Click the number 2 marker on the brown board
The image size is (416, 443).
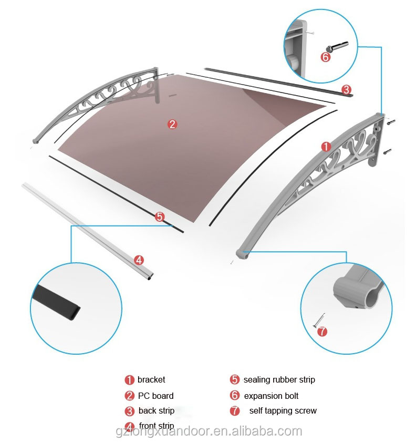[x=172, y=125]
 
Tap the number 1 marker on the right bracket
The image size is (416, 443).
[x=326, y=147]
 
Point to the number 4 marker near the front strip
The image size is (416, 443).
[x=139, y=260]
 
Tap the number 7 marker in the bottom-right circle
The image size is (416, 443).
[x=322, y=331]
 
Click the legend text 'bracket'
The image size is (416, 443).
[x=151, y=379]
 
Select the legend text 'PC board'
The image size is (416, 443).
[x=155, y=396]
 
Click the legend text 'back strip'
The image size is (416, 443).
[x=157, y=411]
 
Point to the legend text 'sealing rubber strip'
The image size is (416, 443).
[x=279, y=379]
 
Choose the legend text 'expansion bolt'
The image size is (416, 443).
[x=271, y=396]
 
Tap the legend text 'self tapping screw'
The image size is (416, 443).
[x=283, y=411]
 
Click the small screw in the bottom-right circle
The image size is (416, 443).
[x=320, y=320]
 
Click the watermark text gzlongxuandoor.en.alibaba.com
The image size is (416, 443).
[x=208, y=432]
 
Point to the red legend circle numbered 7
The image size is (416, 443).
[x=235, y=411]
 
